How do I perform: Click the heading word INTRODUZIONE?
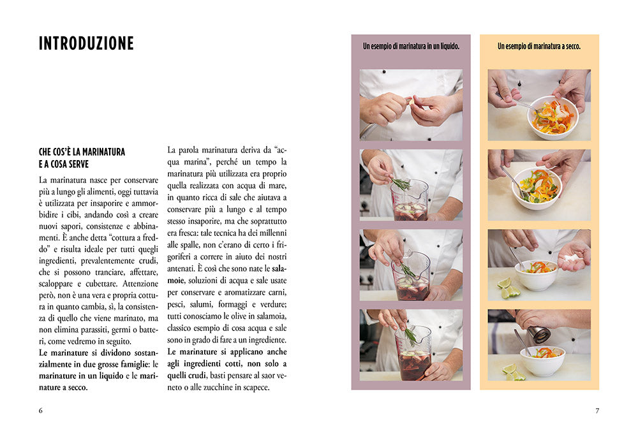[x=86, y=43]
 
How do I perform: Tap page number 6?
[x=40, y=411]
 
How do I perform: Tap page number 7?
[x=597, y=411]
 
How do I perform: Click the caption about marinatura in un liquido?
[x=411, y=47]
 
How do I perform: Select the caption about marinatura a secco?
[x=539, y=47]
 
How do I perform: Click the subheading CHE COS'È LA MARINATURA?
[x=82, y=152]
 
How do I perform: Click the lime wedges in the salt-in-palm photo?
[x=508, y=288]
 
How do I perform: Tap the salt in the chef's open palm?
[x=573, y=258]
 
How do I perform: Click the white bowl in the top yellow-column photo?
[x=553, y=117]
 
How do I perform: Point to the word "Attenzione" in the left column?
[x=140, y=284]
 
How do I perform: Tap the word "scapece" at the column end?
[x=256, y=388]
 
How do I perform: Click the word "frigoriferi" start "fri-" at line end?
[x=281, y=245]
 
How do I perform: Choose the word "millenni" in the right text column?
[x=272, y=233]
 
